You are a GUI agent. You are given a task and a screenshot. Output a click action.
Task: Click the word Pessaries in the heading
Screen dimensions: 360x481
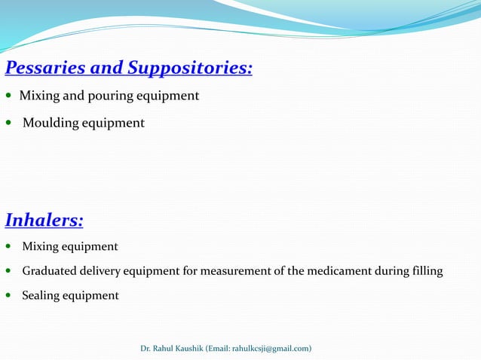tap(43, 69)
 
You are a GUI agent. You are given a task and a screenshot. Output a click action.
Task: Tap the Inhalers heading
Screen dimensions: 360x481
tap(44, 221)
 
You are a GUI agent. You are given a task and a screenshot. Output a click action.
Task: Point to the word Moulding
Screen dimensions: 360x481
tap(50, 123)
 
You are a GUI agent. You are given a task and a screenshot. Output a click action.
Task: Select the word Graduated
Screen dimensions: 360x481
tap(49, 270)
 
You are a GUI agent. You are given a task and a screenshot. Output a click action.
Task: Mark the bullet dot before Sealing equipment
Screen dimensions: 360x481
tap(8, 296)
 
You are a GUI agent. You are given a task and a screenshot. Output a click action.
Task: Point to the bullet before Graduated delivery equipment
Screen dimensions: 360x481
tap(8, 271)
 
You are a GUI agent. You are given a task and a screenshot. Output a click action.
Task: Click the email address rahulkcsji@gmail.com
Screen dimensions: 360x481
tap(270, 348)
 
